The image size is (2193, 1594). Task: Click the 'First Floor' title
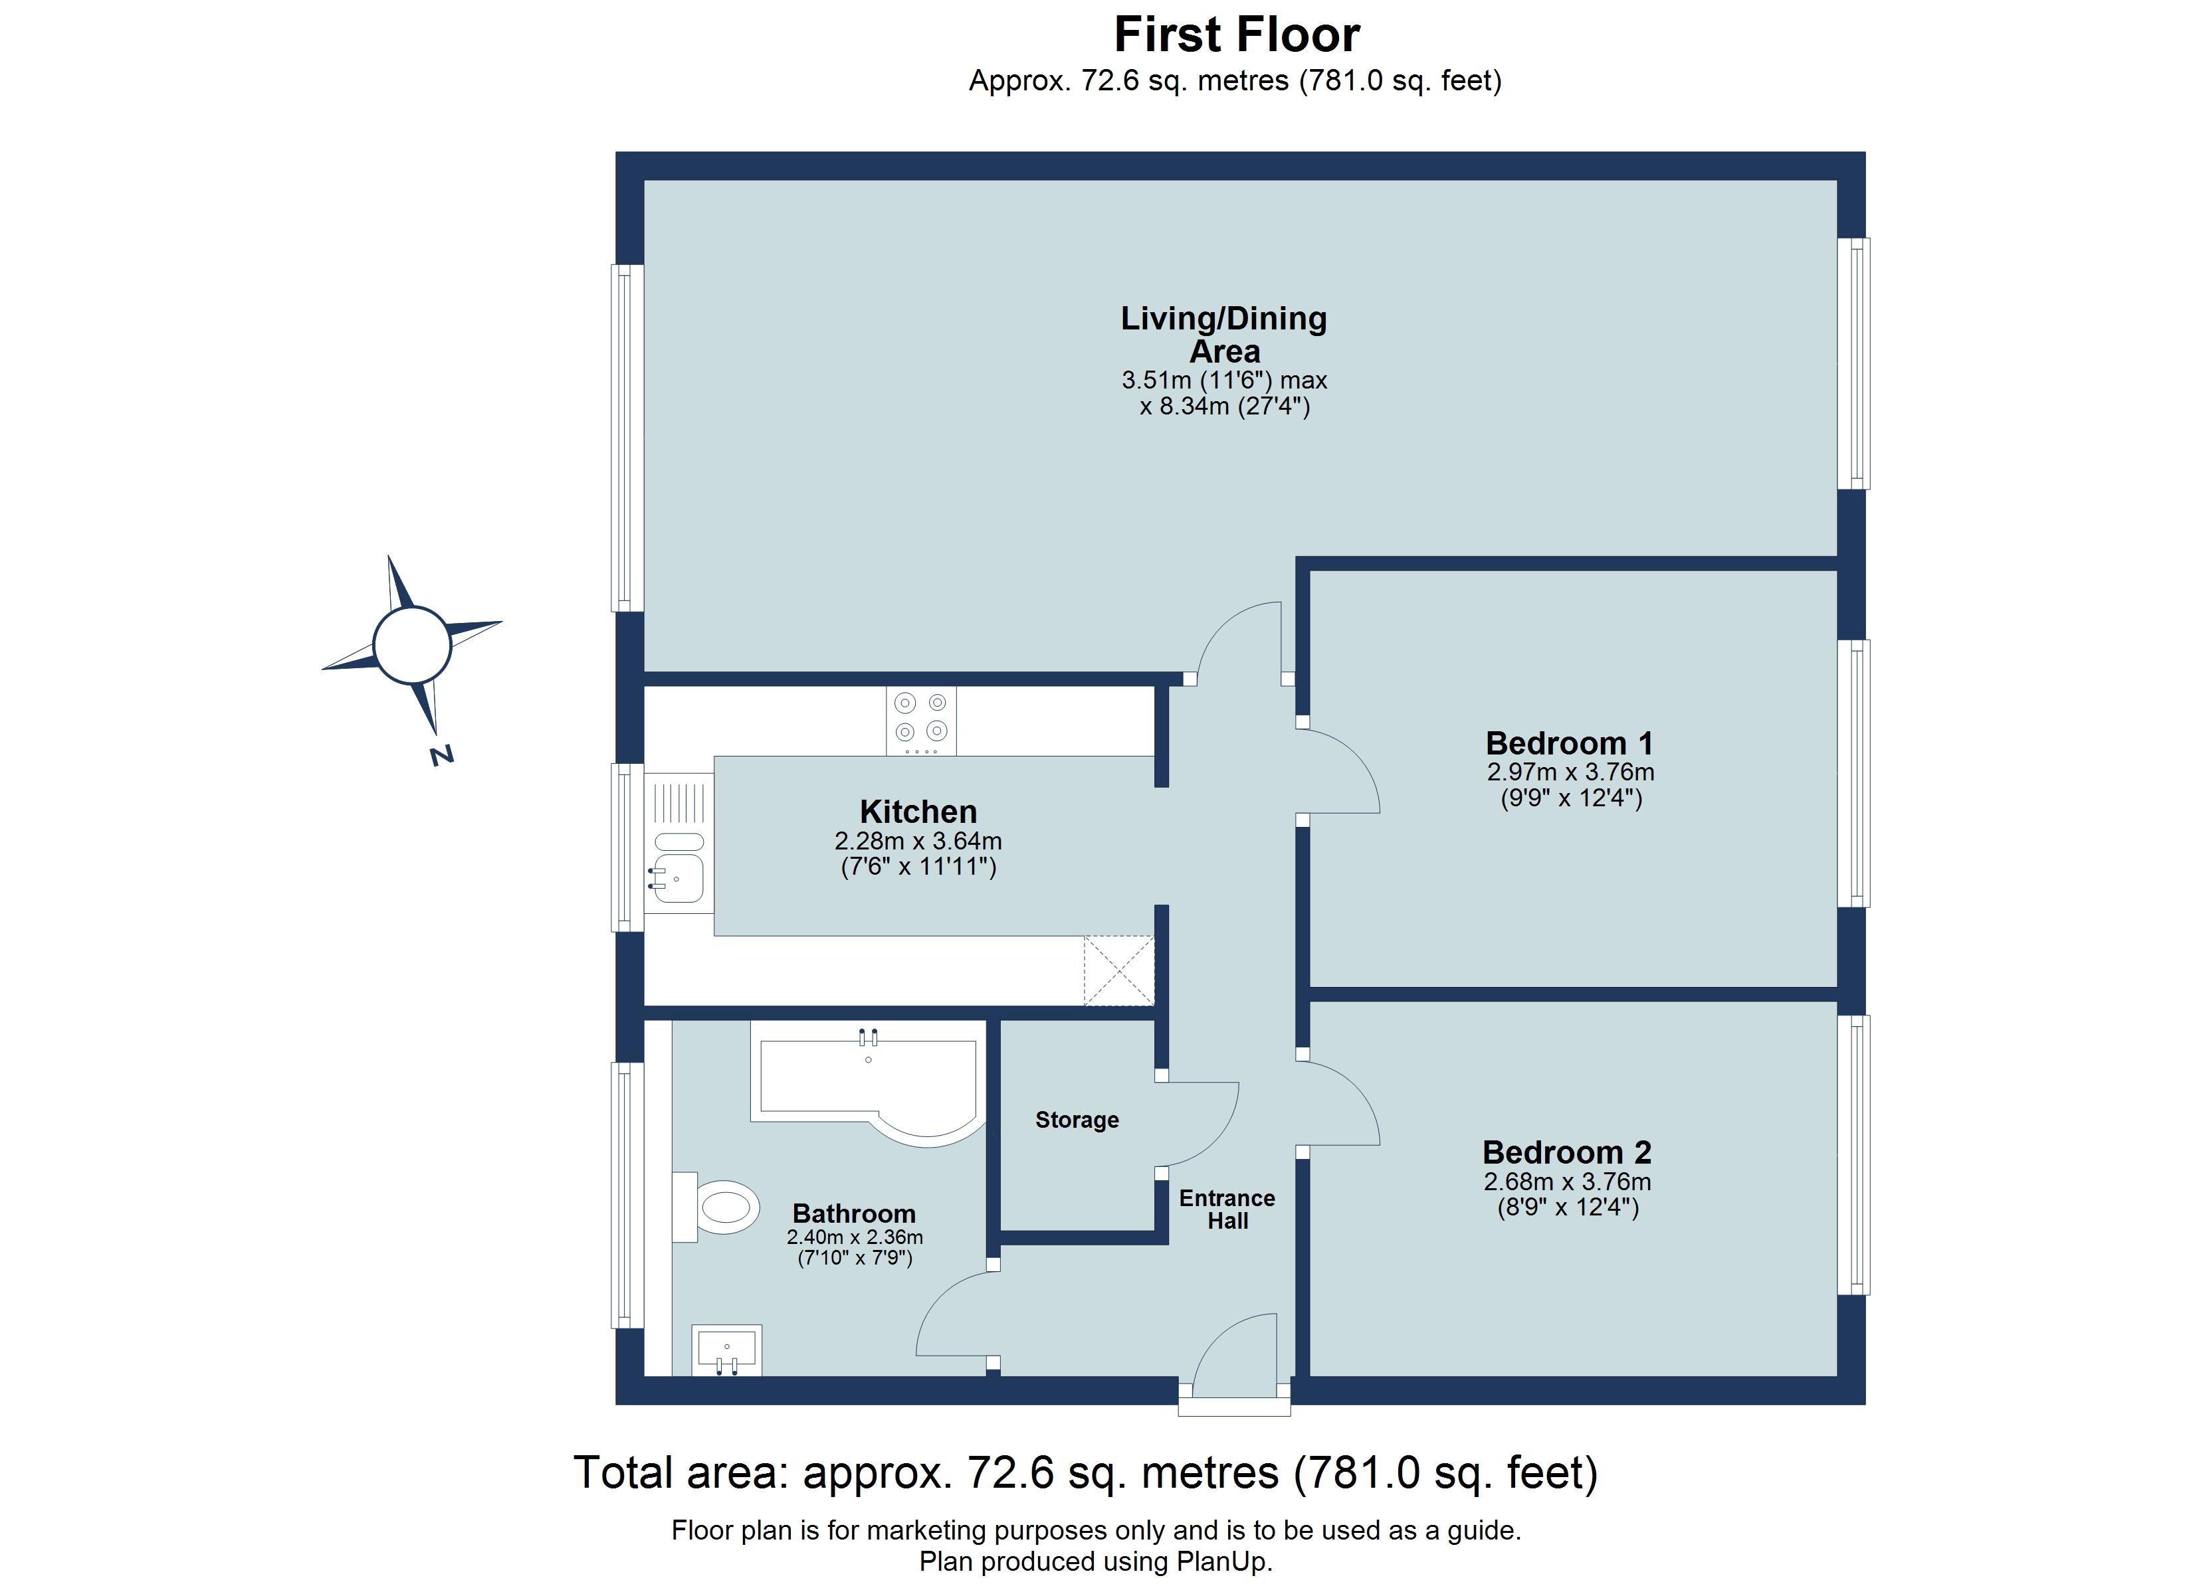(x=1236, y=35)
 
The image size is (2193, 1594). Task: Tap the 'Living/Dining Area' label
(x=1223, y=335)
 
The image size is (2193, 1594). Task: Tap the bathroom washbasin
(x=727, y=1348)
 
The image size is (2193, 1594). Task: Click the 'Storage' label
(x=1076, y=1119)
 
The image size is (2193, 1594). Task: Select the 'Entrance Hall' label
(x=1226, y=1209)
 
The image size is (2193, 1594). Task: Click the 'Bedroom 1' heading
(x=1568, y=743)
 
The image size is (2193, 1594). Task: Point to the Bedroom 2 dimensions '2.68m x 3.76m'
(x=1566, y=1182)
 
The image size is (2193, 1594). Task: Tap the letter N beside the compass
(x=442, y=755)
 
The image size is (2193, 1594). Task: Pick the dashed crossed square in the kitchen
(x=1118, y=970)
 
